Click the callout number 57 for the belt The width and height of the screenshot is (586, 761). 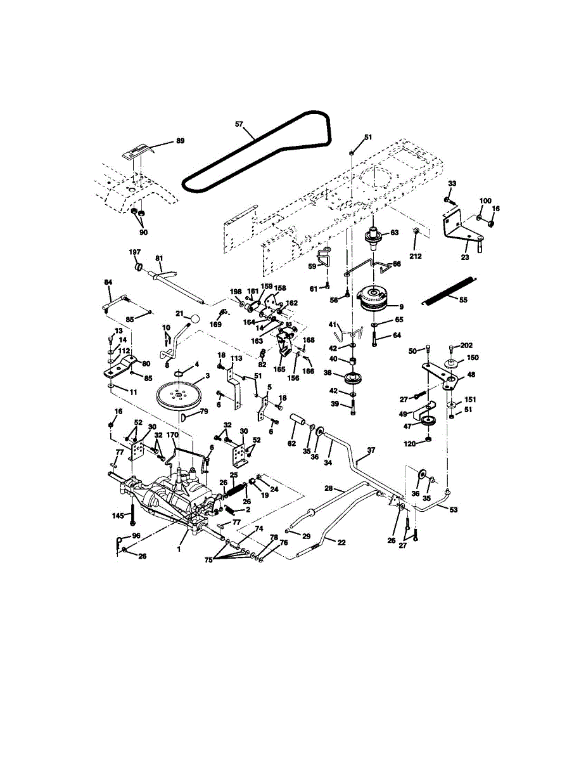(x=239, y=125)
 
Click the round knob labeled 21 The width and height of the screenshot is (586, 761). (x=197, y=318)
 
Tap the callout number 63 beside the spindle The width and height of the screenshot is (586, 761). (x=394, y=233)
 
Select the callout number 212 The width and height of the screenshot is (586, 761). (x=415, y=256)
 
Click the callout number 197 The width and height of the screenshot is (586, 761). (x=134, y=252)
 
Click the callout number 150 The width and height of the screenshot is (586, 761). (x=473, y=358)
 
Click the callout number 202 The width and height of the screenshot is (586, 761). (x=468, y=346)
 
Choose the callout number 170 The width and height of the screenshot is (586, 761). (x=172, y=435)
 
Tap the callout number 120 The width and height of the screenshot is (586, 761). (x=410, y=444)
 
